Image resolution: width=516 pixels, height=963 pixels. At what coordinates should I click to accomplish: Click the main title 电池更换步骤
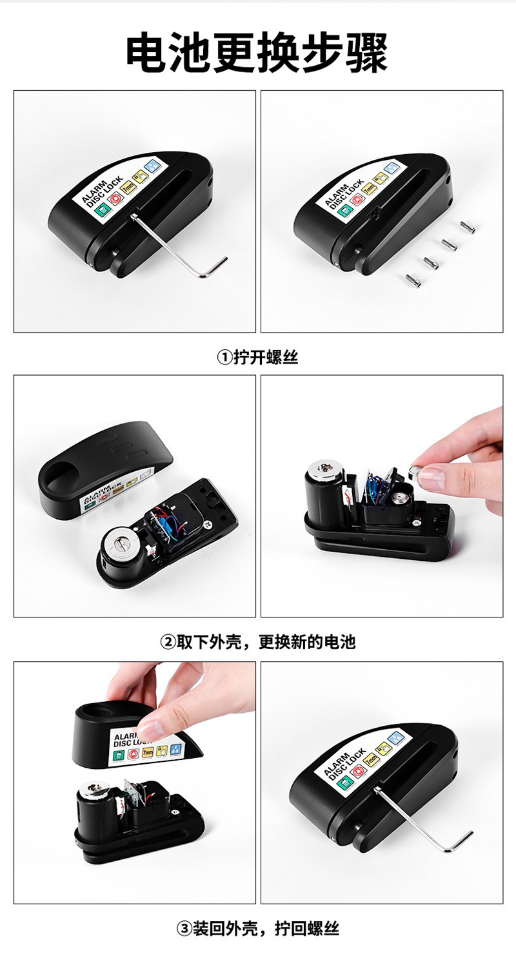pyautogui.click(x=257, y=53)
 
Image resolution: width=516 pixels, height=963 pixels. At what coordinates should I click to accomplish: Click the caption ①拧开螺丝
pyautogui.click(x=257, y=357)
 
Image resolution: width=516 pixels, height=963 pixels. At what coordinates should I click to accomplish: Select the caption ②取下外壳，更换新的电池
pyautogui.click(x=258, y=642)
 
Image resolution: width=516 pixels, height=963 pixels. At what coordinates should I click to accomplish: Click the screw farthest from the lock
pyautogui.click(x=467, y=227)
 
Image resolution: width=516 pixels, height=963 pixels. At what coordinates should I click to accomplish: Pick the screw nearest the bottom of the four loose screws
pyautogui.click(x=413, y=280)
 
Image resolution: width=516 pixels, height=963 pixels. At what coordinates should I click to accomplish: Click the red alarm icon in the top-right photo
pyautogui.click(x=357, y=200)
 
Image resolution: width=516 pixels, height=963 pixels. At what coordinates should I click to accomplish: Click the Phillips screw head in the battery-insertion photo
pyautogui.click(x=417, y=523)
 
